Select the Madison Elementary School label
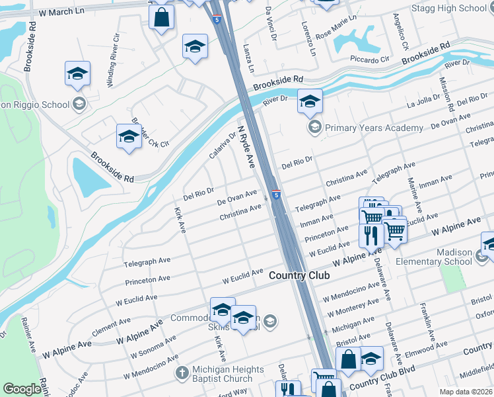click(x=434, y=257)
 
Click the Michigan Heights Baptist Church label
click(x=223, y=374)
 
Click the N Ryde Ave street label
click(x=246, y=147)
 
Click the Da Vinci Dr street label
click(x=269, y=24)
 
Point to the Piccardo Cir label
click(x=370, y=60)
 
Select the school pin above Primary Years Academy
click(x=309, y=102)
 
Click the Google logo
click(x=22, y=389)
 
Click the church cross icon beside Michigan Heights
click(x=182, y=373)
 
